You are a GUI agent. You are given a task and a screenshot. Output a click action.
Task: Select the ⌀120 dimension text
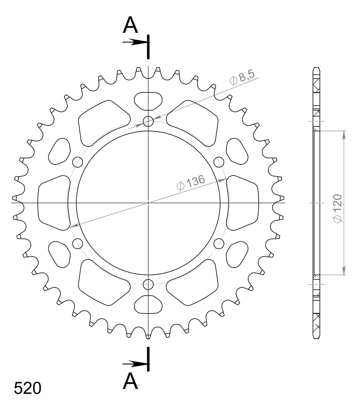coord(337,208)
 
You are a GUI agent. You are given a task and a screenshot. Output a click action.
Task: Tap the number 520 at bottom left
coord(27,389)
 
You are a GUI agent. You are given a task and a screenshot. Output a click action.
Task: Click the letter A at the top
coord(130,25)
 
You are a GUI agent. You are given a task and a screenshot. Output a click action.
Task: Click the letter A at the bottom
coord(130,381)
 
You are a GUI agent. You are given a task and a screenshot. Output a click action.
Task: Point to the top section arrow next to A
coord(134,42)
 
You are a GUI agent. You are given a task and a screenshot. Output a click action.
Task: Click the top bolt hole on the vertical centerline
coord(148,121)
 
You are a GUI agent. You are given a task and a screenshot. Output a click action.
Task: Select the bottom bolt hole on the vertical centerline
coord(148,284)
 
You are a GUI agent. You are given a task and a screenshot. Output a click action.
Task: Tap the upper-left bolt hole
coord(78,162)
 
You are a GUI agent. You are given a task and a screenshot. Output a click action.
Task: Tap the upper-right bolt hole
coord(219,162)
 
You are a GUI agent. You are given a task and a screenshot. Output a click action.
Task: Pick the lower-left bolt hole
coord(78,243)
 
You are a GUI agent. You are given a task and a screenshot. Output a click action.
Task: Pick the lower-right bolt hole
coord(219,243)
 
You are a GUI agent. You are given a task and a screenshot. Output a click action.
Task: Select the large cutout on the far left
coord(53,203)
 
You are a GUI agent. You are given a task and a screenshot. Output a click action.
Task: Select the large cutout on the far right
coord(243,203)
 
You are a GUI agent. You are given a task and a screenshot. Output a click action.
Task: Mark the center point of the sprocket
coord(148,203)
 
